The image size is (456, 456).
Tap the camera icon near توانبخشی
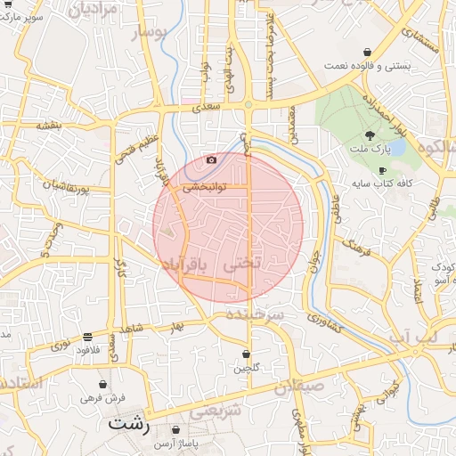tap(211, 160)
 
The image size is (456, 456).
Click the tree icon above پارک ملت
tap(370, 135)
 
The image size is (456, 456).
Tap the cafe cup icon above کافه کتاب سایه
tap(382, 170)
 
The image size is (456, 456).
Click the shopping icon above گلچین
tap(246, 354)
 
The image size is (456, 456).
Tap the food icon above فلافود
tap(87, 338)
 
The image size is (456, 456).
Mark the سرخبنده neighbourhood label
tap(253, 317)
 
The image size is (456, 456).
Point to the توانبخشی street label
tap(205, 188)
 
